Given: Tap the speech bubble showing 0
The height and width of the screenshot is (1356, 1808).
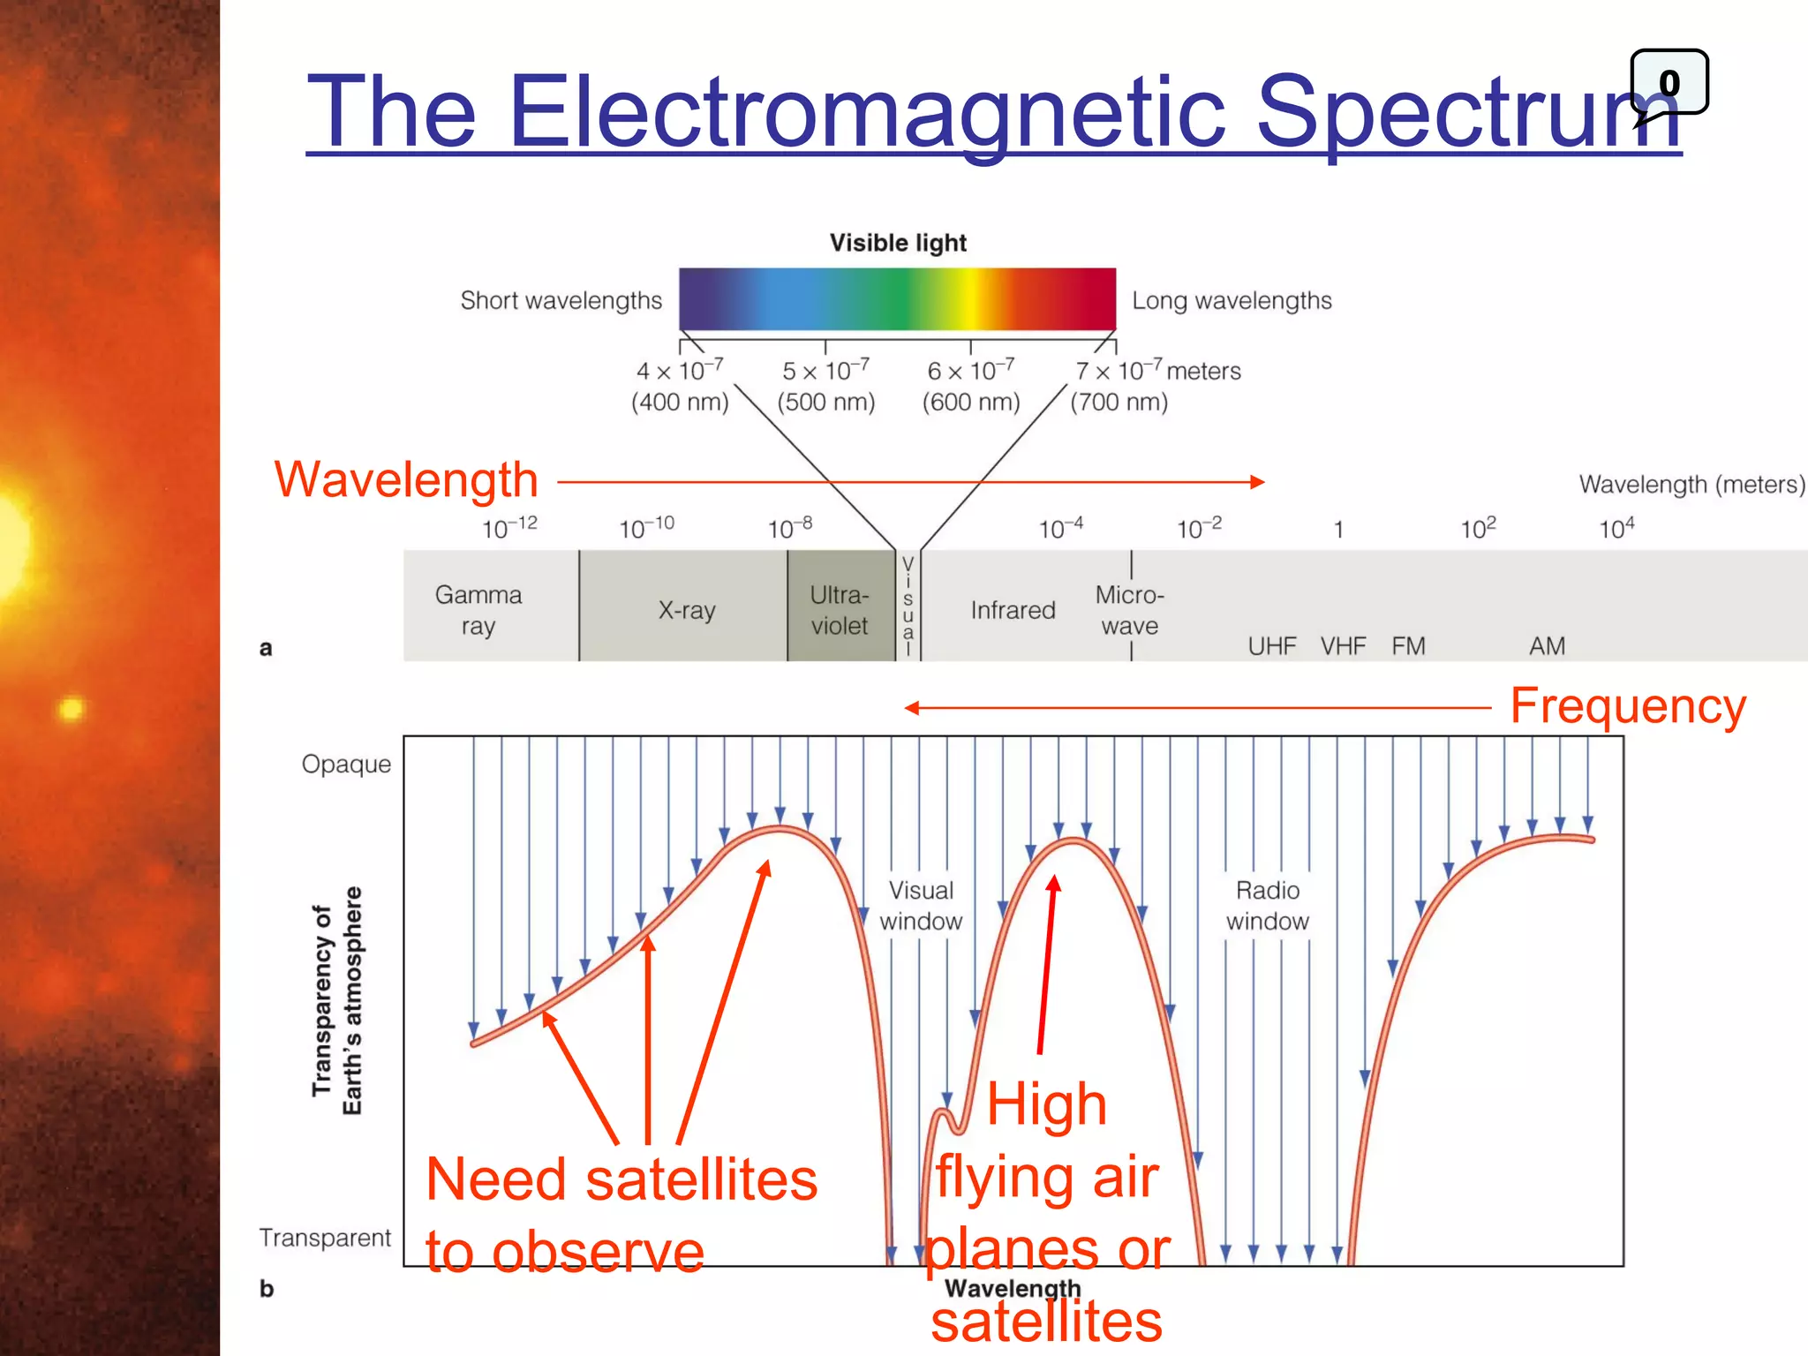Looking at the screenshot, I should click(x=1669, y=83).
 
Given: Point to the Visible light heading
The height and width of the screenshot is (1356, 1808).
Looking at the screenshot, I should click(x=898, y=243).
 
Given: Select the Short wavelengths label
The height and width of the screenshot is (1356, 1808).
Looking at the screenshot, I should click(x=561, y=301).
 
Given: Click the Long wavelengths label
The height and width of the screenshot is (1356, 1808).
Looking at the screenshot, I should click(x=1232, y=301).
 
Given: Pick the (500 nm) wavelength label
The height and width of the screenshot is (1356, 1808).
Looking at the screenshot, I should click(x=825, y=403).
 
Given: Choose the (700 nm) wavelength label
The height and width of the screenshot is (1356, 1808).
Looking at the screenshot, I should click(x=1119, y=403).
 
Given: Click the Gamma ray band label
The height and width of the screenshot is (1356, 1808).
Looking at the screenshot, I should click(x=478, y=610).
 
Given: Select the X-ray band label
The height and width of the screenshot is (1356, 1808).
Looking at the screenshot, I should click(x=687, y=610).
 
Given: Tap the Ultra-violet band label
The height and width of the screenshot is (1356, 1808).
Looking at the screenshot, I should click(x=840, y=610).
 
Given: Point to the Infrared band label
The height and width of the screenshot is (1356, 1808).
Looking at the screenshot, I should click(x=1013, y=610).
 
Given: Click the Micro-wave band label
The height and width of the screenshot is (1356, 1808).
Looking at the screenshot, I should click(x=1130, y=610).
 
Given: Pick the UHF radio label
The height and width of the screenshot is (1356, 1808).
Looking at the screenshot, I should click(x=1272, y=646).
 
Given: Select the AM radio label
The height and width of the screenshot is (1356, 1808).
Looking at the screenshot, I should click(x=1547, y=646).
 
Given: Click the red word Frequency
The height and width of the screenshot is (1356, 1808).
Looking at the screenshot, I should click(x=1628, y=706).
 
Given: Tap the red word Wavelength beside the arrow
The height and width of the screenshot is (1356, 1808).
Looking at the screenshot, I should click(x=406, y=480).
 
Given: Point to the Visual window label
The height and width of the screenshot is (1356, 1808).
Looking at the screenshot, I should click(x=921, y=906).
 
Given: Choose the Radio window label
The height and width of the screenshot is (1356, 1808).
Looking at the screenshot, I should click(x=1268, y=906).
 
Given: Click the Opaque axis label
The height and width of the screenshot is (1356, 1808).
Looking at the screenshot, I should click(x=346, y=764).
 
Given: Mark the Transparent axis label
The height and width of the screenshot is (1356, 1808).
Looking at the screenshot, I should click(x=325, y=1238).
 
